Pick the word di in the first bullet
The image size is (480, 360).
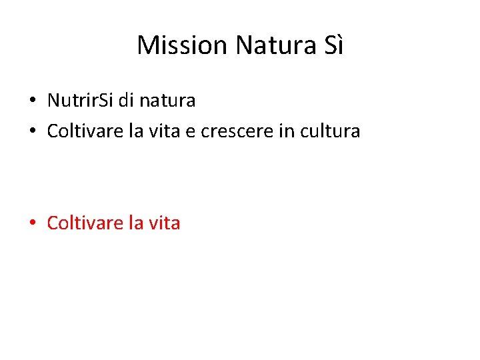pyautogui.click(x=126, y=101)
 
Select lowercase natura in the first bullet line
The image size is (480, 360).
pyautogui.click(x=167, y=101)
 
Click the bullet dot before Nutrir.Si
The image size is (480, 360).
pyautogui.click(x=32, y=101)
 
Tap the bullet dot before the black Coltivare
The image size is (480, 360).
pyautogui.click(x=32, y=131)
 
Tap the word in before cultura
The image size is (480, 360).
pyautogui.click(x=286, y=131)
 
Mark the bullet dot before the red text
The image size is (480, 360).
pyautogui.click(x=32, y=223)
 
